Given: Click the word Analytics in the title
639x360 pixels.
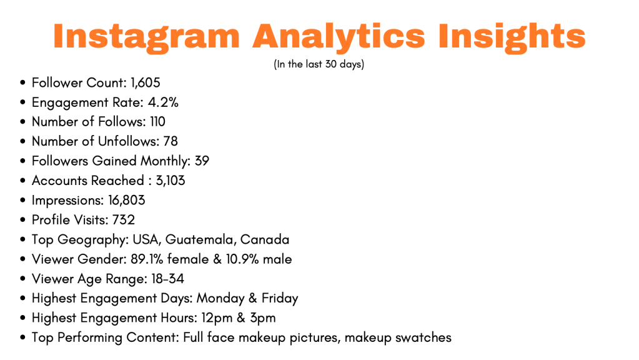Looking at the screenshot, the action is click(x=339, y=37).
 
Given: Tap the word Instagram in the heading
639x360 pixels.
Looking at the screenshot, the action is click(x=146, y=37).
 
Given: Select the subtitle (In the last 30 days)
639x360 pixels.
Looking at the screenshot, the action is click(x=319, y=64).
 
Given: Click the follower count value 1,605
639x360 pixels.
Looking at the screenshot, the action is click(x=145, y=82).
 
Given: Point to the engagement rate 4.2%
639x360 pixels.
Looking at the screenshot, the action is click(x=163, y=102).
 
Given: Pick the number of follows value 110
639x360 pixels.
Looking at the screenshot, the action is click(x=157, y=121).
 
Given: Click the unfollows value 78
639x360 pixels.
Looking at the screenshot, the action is click(x=171, y=141).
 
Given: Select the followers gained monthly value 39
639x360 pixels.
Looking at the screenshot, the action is click(x=202, y=161).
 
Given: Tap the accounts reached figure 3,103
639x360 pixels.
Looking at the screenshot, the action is click(x=171, y=181).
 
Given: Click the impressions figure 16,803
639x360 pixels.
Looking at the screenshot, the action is click(x=126, y=200).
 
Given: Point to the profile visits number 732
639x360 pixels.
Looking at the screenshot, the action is click(x=124, y=220).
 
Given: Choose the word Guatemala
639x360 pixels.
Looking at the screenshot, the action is click(x=201, y=239).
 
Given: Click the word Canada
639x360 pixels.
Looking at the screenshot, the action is click(x=265, y=239).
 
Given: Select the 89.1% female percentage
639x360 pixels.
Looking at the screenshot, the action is click(x=169, y=259).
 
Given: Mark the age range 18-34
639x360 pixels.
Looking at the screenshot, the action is click(x=167, y=279).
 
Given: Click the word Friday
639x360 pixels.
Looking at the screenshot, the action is click(x=280, y=298).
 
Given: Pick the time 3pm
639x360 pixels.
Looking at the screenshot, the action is click(x=263, y=318).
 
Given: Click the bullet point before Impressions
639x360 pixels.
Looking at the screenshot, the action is click(x=22, y=201).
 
